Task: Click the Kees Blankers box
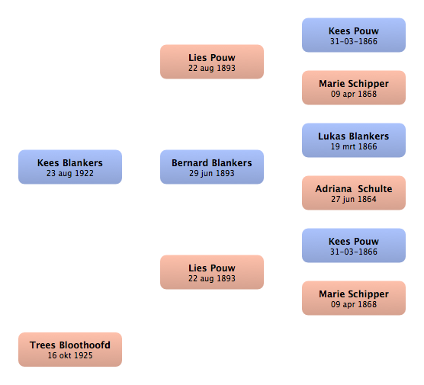click(70, 167)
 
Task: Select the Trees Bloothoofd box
click(70, 350)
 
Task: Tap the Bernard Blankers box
click(212, 167)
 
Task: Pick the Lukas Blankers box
click(354, 140)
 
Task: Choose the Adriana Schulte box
click(354, 193)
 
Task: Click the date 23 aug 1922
click(70, 173)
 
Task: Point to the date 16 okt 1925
click(70, 355)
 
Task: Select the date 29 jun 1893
click(212, 173)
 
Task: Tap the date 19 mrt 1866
click(354, 146)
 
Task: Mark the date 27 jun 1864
click(354, 199)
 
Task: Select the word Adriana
click(333, 189)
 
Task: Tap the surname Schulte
click(375, 189)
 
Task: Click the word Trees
click(43, 345)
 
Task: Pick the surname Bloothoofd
click(85, 345)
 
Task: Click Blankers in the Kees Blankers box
click(83, 162)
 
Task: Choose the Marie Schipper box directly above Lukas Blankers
click(354, 88)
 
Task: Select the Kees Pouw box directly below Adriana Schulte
click(354, 245)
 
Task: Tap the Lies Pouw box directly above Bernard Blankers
click(212, 62)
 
